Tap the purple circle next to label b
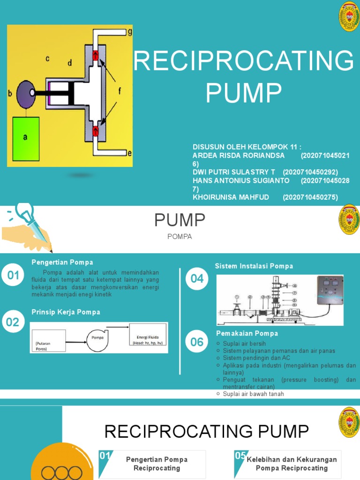click(x=26, y=93)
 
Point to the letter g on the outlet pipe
click(x=129, y=32)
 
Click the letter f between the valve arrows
click(x=119, y=92)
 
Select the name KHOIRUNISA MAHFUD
click(x=231, y=197)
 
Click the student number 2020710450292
click(x=310, y=172)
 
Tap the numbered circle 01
click(x=13, y=276)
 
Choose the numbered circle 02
click(x=13, y=322)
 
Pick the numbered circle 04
click(x=197, y=279)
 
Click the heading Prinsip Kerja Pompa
click(x=66, y=312)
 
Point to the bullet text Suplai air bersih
click(x=244, y=344)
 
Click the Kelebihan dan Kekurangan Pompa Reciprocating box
click(x=291, y=464)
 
